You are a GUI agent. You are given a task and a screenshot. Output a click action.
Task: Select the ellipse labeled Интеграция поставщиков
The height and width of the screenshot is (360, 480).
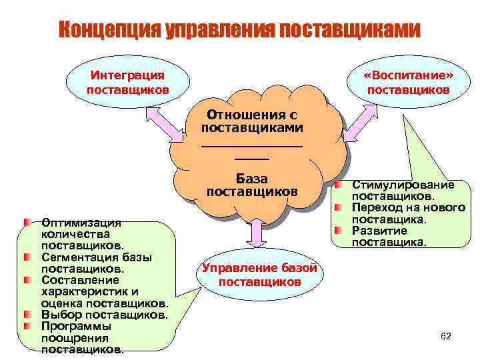click(127, 83)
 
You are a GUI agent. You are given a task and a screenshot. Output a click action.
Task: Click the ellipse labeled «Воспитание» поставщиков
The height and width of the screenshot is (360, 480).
click(408, 83)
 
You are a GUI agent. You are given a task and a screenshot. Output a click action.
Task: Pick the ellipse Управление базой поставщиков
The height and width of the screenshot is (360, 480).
click(259, 275)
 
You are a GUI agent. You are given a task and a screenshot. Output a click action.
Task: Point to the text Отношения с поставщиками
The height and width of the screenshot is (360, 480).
click(252, 121)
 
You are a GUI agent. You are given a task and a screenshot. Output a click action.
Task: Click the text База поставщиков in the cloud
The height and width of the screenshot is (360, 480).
click(252, 185)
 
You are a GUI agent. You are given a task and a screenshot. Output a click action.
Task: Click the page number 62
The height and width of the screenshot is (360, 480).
click(446, 336)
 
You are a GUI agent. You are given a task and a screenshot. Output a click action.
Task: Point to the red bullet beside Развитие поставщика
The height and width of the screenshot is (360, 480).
click(339, 230)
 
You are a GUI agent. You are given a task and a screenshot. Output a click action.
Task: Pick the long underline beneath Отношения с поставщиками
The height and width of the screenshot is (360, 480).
click(252, 145)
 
